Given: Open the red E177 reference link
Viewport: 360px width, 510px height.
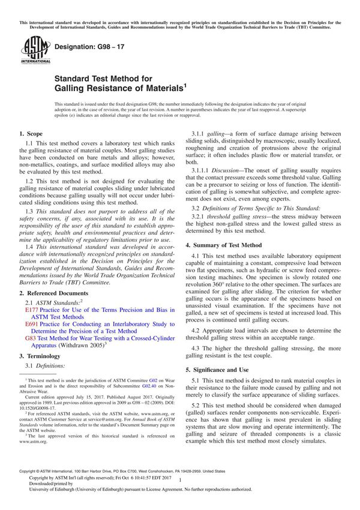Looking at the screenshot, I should click(x=32, y=310).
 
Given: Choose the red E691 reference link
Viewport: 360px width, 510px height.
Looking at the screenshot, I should click(x=32, y=324).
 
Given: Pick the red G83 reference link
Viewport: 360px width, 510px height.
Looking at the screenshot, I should click(x=30, y=338).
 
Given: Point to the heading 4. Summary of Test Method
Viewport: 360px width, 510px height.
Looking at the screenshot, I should click(x=223, y=245).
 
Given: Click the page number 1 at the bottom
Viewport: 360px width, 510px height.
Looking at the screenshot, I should click(x=180, y=489).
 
